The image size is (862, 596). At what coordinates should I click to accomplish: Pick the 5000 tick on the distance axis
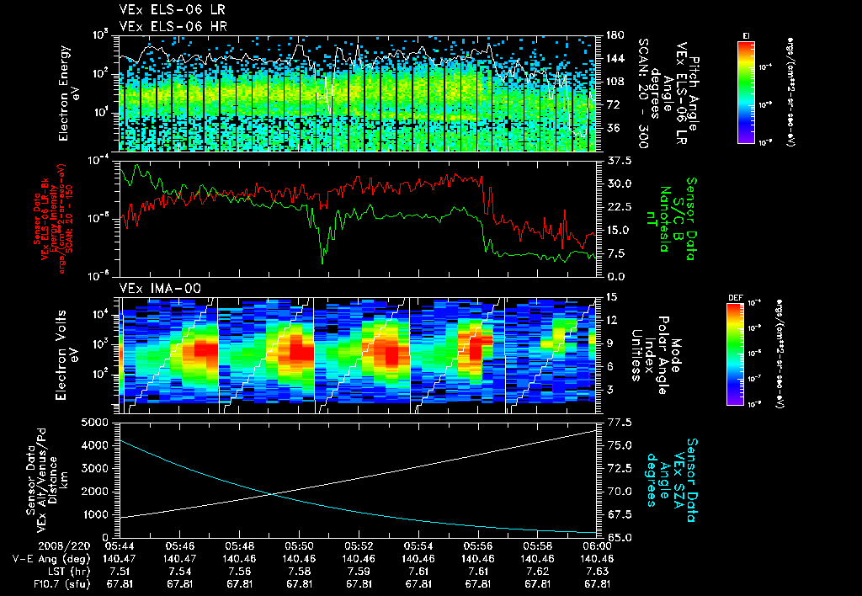[x=95, y=422]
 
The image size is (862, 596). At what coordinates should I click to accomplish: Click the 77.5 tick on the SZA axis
[x=615, y=422]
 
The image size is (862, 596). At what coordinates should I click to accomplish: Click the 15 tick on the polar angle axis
[x=611, y=296]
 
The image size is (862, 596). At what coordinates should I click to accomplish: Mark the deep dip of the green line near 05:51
[x=322, y=263]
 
